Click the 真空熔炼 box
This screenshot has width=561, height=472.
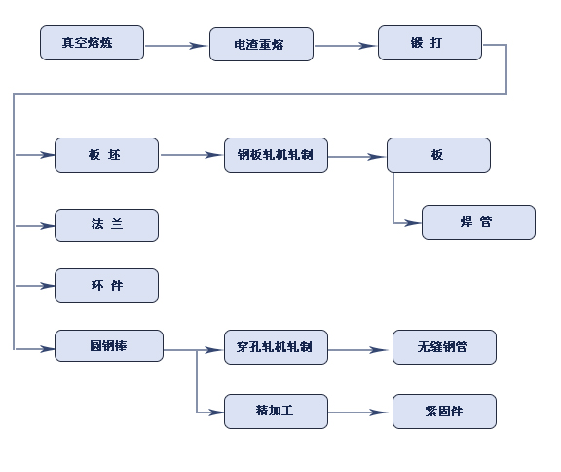tap(92, 43)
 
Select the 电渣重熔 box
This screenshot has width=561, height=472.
tap(261, 45)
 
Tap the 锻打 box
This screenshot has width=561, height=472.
tap(430, 43)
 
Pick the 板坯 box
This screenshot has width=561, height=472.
tap(106, 155)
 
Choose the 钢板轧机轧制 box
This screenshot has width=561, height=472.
tap(276, 155)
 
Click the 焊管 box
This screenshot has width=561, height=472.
tap(479, 222)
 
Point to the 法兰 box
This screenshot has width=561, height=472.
tap(106, 225)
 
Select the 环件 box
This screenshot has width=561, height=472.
tap(106, 286)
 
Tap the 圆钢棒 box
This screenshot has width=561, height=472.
tap(109, 346)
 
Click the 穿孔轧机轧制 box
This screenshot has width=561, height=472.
tap(276, 347)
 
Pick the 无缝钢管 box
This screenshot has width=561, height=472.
tap(444, 347)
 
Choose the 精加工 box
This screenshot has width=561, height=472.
tap(276, 412)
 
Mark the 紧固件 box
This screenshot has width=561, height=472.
tap(444, 412)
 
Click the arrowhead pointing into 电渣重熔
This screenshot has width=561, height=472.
tap(199, 46)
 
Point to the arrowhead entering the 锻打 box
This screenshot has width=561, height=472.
tap(368, 46)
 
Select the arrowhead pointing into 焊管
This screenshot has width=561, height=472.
tap(412, 223)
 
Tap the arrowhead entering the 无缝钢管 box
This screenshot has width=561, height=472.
tap(379, 349)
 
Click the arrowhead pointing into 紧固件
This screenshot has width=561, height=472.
tap(379, 413)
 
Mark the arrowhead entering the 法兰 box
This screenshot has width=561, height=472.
tap(47, 226)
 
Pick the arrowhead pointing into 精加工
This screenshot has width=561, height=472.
tap(216, 413)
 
